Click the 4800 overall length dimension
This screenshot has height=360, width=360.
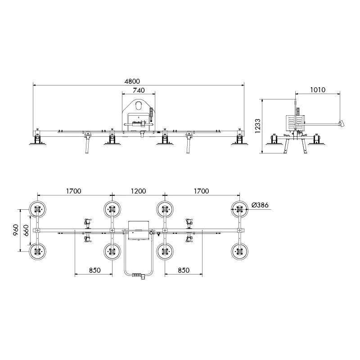[x=132, y=81]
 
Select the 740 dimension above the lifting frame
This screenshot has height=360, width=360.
[x=139, y=90]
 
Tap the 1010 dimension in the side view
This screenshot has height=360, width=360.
[x=318, y=90]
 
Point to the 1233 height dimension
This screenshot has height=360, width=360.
[x=257, y=126]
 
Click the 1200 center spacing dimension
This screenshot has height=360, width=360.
[x=139, y=191]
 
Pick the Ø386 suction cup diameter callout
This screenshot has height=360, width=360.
[x=260, y=205]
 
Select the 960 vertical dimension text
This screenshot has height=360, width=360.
[x=16, y=230]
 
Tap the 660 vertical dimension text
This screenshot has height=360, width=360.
[x=26, y=230]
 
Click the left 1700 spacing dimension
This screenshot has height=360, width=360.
[x=74, y=191]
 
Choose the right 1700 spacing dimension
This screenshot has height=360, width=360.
[x=201, y=191]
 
